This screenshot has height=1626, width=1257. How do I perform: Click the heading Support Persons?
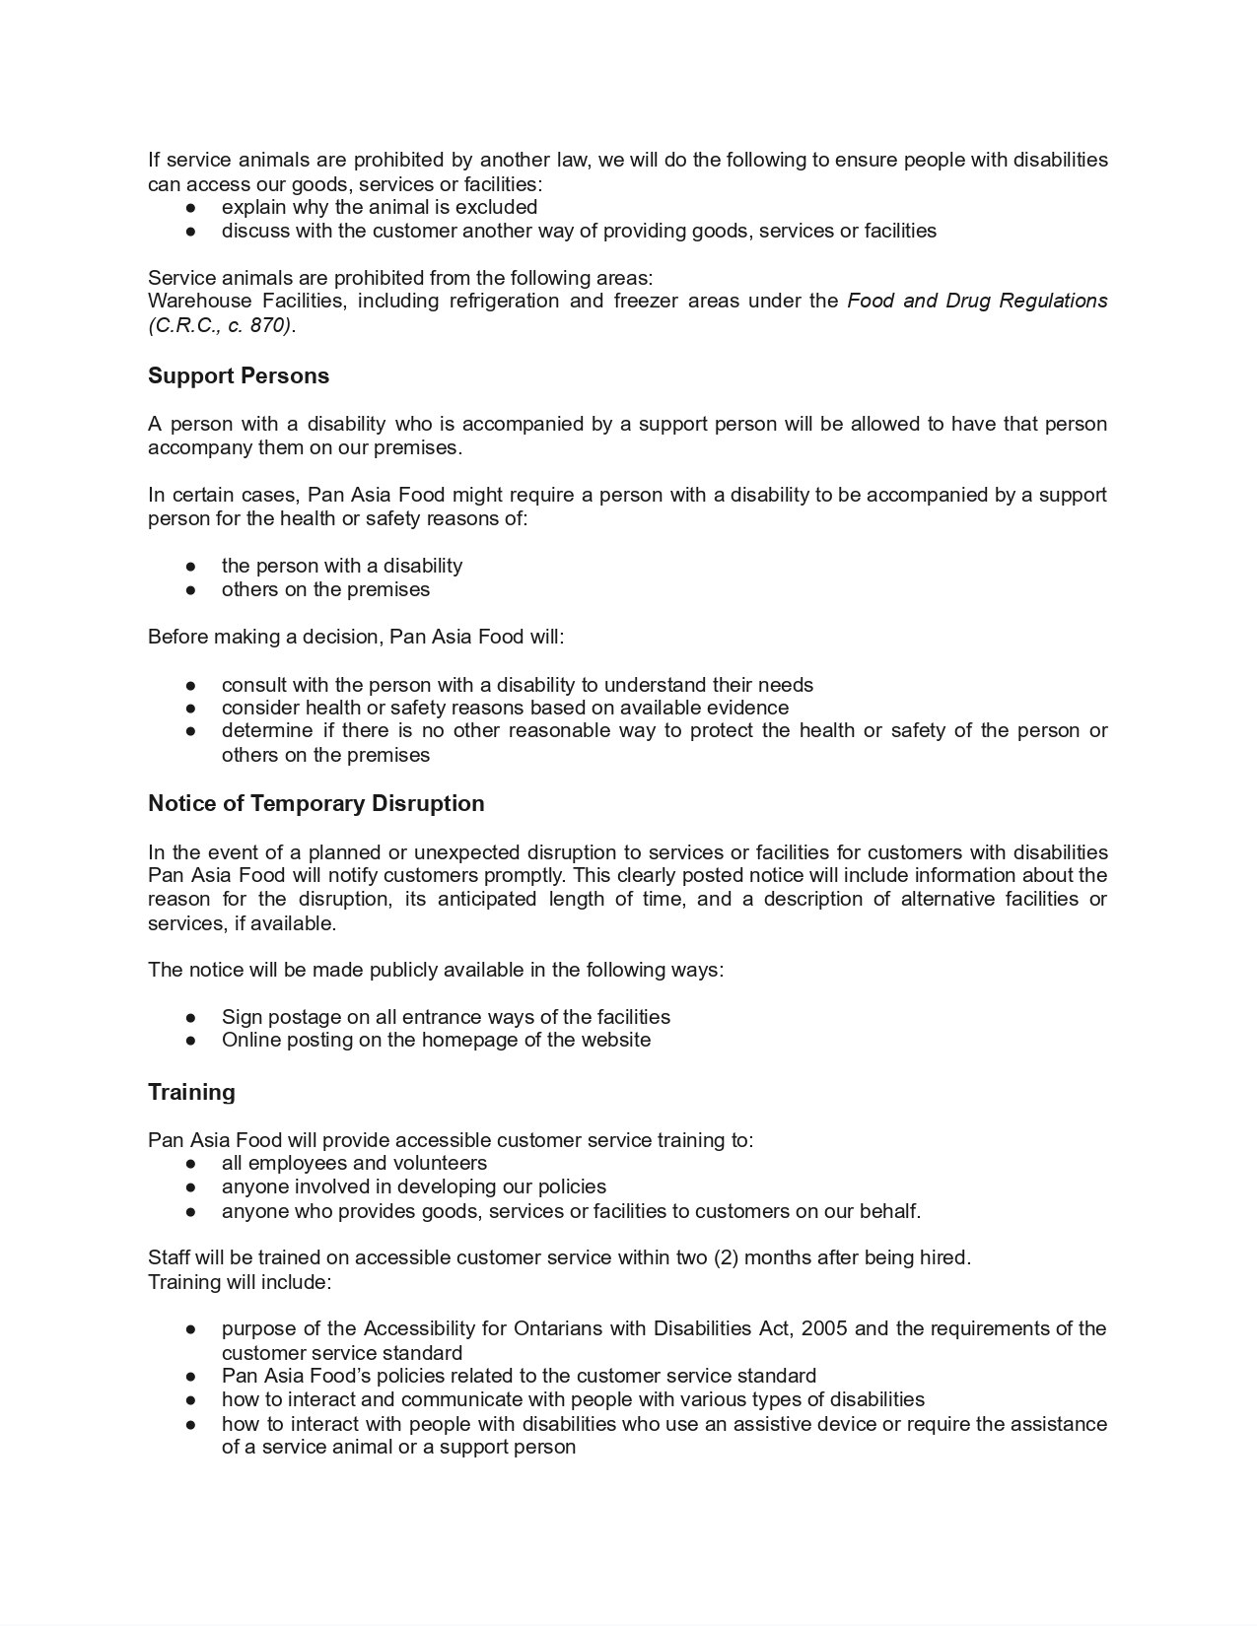point(239,376)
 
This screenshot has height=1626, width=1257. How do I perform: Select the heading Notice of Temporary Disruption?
point(316,804)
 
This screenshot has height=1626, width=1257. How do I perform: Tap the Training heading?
point(191,1093)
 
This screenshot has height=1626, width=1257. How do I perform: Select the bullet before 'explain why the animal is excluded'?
point(190,208)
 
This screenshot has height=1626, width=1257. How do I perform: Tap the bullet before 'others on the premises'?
point(190,590)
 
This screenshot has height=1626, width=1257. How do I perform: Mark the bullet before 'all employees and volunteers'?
point(190,1164)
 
